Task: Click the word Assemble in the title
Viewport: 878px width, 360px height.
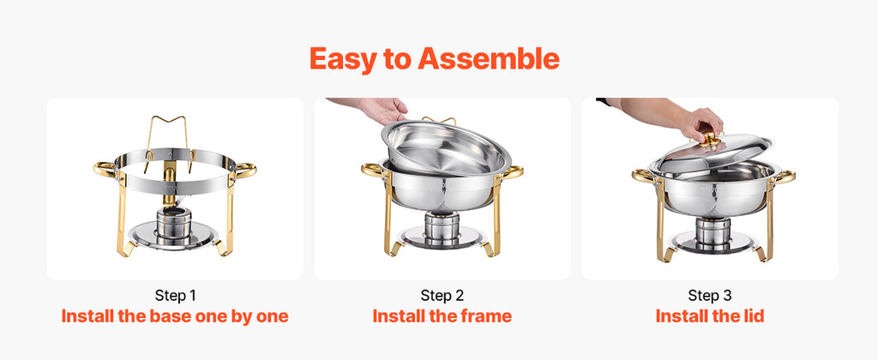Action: pyautogui.click(x=489, y=59)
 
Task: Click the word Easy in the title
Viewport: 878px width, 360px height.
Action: pyautogui.click(x=341, y=59)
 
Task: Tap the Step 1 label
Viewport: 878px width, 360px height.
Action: pyautogui.click(x=175, y=296)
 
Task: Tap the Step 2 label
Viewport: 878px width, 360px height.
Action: pyautogui.click(x=442, y=296)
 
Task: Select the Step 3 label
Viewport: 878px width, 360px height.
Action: pyautogui.click(x=709, y=296)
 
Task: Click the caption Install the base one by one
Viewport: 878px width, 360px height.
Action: pyautogui.click(x=175, y=316)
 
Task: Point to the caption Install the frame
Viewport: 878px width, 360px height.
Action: pyautogui.click(x=442, y=316)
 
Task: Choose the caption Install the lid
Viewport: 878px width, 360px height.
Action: pyautogui.click(x=709, y=316)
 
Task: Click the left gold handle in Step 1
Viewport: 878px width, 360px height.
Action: pyautogui.click(x=105, y=169)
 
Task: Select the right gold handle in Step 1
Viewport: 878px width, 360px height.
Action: pyautogui.click(x=245, y=169)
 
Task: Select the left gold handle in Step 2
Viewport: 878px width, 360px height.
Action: pyautogui.click(x=373, y=170)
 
